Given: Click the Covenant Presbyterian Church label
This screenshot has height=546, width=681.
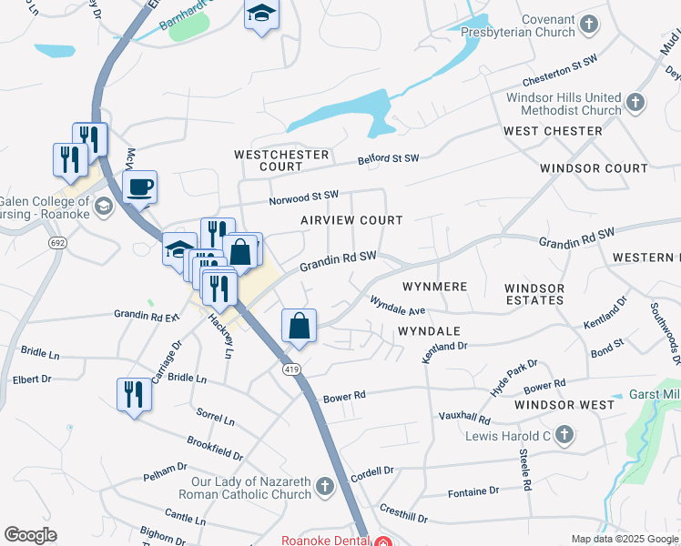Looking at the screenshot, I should [x=548, y=26].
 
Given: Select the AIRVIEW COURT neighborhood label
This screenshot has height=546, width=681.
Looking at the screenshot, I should [x=351, y=220].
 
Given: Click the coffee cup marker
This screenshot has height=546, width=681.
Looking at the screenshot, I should [x=139, y=187].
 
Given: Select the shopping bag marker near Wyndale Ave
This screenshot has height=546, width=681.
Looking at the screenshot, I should [x=300, y=324].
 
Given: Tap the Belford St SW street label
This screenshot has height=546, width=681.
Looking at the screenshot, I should [x=388, y=158].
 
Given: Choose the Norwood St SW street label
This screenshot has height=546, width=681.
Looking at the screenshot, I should [x=303, y=196].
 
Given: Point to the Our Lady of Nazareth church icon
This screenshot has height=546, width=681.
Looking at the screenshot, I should [x=324, y=488].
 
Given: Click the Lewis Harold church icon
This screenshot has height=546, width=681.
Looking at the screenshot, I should [x=564, y=437].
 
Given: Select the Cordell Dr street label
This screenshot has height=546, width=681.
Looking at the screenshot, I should [x=371, y=471].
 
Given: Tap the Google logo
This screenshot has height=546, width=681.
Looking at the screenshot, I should [x=31, y=535].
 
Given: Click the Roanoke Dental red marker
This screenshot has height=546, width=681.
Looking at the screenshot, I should [x=383, y=541].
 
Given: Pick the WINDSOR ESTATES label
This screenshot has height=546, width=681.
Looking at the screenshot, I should [x=534, y=294].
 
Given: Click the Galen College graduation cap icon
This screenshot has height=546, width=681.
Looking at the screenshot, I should [x=103, y=205].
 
